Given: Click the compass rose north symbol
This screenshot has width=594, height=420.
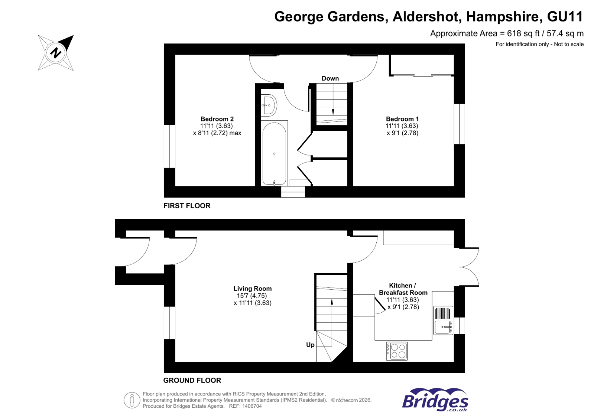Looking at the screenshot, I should pyautogui.click(x=56, y=52).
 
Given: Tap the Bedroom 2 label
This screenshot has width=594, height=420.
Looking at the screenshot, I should pyautogui.click(x=217, y=119).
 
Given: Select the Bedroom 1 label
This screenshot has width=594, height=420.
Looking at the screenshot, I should pyautogui.click(x=402, y=119).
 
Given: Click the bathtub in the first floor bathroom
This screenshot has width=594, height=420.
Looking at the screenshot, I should pyautogui.click(x=274, y=154).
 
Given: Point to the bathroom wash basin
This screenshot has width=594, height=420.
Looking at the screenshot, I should pyautogui.click(x=268, y=105).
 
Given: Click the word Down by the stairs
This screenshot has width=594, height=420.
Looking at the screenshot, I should pyautogui.click(x=330, y=78).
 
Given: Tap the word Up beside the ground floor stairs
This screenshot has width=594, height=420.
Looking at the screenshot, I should pyautogui.click(x=310, y=345).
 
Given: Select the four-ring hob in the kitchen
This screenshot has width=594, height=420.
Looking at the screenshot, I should pyautogui.click(x=397, y=351).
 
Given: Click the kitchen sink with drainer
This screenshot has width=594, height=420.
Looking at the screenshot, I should pyautogui.click(x=443, y=320).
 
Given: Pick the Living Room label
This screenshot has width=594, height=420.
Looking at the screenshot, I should pyautogui.click(x=252, y=289).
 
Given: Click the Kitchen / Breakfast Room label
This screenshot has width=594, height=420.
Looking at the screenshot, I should pyautogui.click(x=403, y=289).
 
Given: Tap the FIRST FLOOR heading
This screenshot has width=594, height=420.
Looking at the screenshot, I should pyautogui.click(x=187, y=206).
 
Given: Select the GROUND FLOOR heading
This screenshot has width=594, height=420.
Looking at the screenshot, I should pyautogui.click(x=192, y=380).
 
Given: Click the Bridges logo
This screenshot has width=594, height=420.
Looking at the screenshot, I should pyautogui.click(x=435, y=400).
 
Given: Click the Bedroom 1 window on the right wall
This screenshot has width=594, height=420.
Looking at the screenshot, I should pyautogui.click(x=460, y=124).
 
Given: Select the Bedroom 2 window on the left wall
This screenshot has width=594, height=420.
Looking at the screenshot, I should pyautogui.click(x=169, y=146).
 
